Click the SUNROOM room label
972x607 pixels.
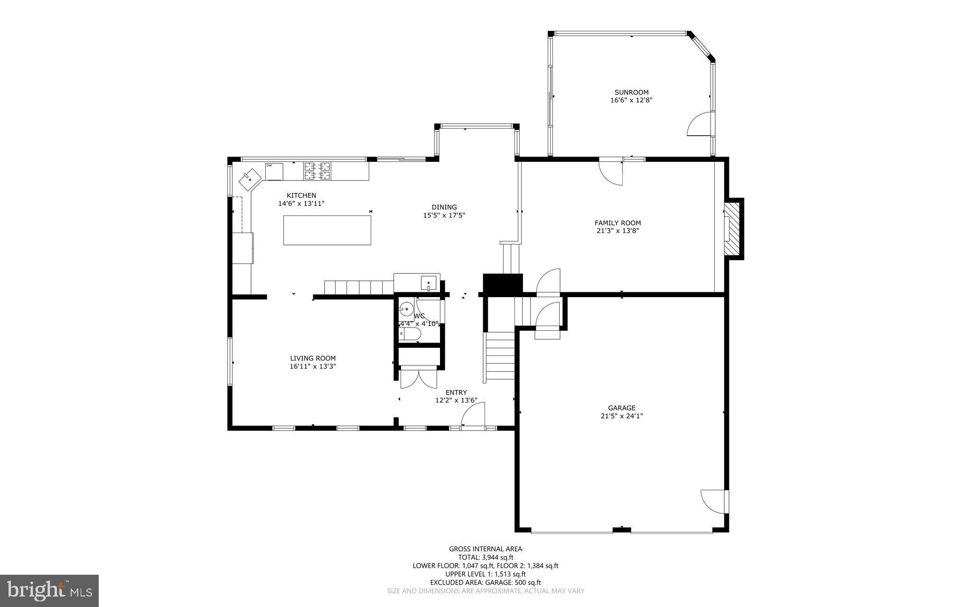click(631, 93)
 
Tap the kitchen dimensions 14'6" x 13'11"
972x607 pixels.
click(301, 204)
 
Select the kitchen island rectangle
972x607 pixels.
click(327, 230)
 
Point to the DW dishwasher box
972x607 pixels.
click(274, 172)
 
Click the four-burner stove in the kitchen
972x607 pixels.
click(317, 171)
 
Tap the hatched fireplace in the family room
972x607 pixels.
click(734, 229)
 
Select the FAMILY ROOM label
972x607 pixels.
click(617, 223)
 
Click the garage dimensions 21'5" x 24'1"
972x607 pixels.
click(621, 416)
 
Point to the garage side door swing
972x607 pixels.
click(713, 501)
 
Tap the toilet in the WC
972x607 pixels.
click(409, 334)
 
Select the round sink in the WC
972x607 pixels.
click(406, 310)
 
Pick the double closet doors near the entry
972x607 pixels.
click(419, 379)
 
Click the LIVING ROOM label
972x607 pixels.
click(313, 358)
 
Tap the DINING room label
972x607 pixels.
click(444, 207)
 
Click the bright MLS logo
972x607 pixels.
click(49, 590)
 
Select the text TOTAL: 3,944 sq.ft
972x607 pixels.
click(486, 558)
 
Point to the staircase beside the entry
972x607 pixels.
click(500, 357)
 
